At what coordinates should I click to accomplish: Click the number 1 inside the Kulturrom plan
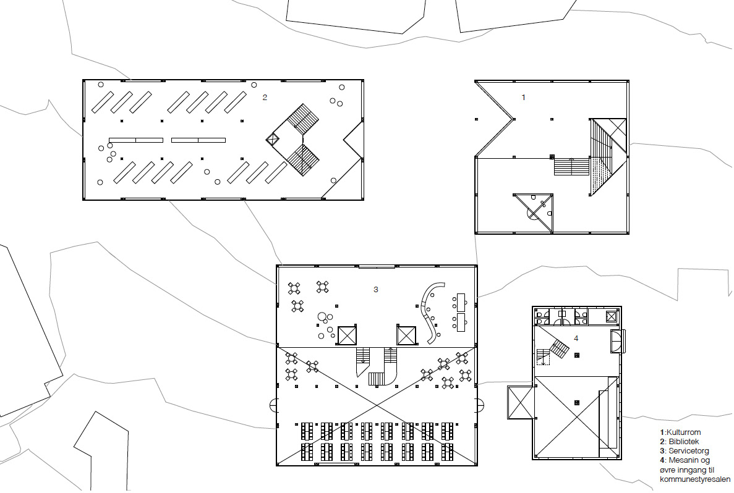tap(524, 98)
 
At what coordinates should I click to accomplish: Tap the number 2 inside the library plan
tap(265, 98)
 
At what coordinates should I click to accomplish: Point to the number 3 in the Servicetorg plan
tap(375, 289)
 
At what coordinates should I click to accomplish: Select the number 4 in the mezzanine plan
tap(576, 338)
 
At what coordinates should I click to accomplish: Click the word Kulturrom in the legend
tap(683, 432)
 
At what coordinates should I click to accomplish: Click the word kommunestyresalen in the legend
tap(695, 479)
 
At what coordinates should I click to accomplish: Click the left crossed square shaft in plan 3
tap(348, 335)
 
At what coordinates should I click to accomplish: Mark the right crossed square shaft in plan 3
tap(407, 335)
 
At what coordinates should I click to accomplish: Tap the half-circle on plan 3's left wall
tap(273, 405)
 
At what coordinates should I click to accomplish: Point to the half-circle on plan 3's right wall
tap(479, 405)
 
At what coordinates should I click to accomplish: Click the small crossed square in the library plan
tap(271, 139)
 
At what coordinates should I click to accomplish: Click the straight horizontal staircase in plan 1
tap(571, 167)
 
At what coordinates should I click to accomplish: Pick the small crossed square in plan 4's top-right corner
tap(611, 316)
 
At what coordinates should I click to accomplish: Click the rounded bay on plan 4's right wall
tap(618, 340)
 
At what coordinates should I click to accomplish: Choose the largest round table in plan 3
tap(322, 317)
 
